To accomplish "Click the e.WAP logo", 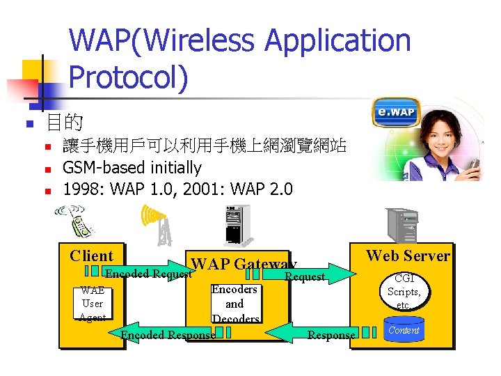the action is (395, 113).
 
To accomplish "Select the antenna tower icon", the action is (158, 225).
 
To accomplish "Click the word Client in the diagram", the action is (91, 256).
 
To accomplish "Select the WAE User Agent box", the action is (92, 304).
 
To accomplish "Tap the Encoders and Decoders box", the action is (234, 304).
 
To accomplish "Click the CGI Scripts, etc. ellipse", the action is (404, 292).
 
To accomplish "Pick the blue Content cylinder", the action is (404, 331).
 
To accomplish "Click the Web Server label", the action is (408, 256).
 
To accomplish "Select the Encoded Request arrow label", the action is (148, 274).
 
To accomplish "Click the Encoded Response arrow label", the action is (168, 336).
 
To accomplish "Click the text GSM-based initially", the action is (132, 168).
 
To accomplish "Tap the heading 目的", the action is (64, 124).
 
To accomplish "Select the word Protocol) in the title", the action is (129, 77).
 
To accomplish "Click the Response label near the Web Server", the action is (331, 336).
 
